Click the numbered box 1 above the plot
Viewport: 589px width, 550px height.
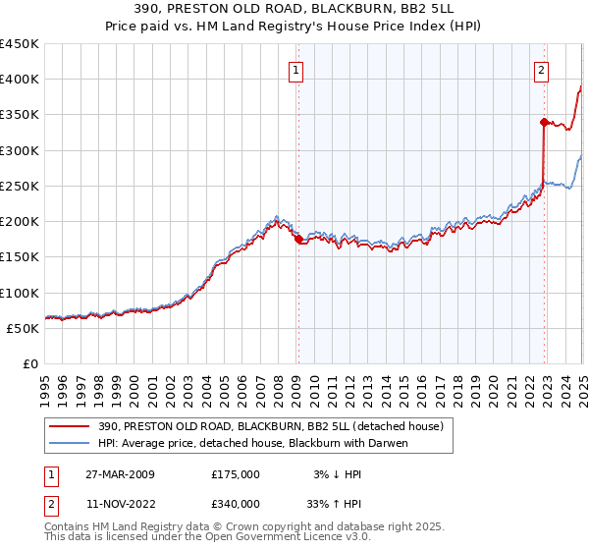pos(295,69)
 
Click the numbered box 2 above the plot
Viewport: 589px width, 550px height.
pos(541,69)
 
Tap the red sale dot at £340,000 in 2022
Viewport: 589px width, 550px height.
pos(543,122)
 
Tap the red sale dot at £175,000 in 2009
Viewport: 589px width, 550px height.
pos(299,239)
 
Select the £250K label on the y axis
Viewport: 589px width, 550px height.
pos(20,186)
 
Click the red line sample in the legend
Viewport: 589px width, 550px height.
pos(69,426)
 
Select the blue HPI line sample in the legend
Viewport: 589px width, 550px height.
pos(69,443)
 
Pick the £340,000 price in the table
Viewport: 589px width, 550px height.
pos(236,503)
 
